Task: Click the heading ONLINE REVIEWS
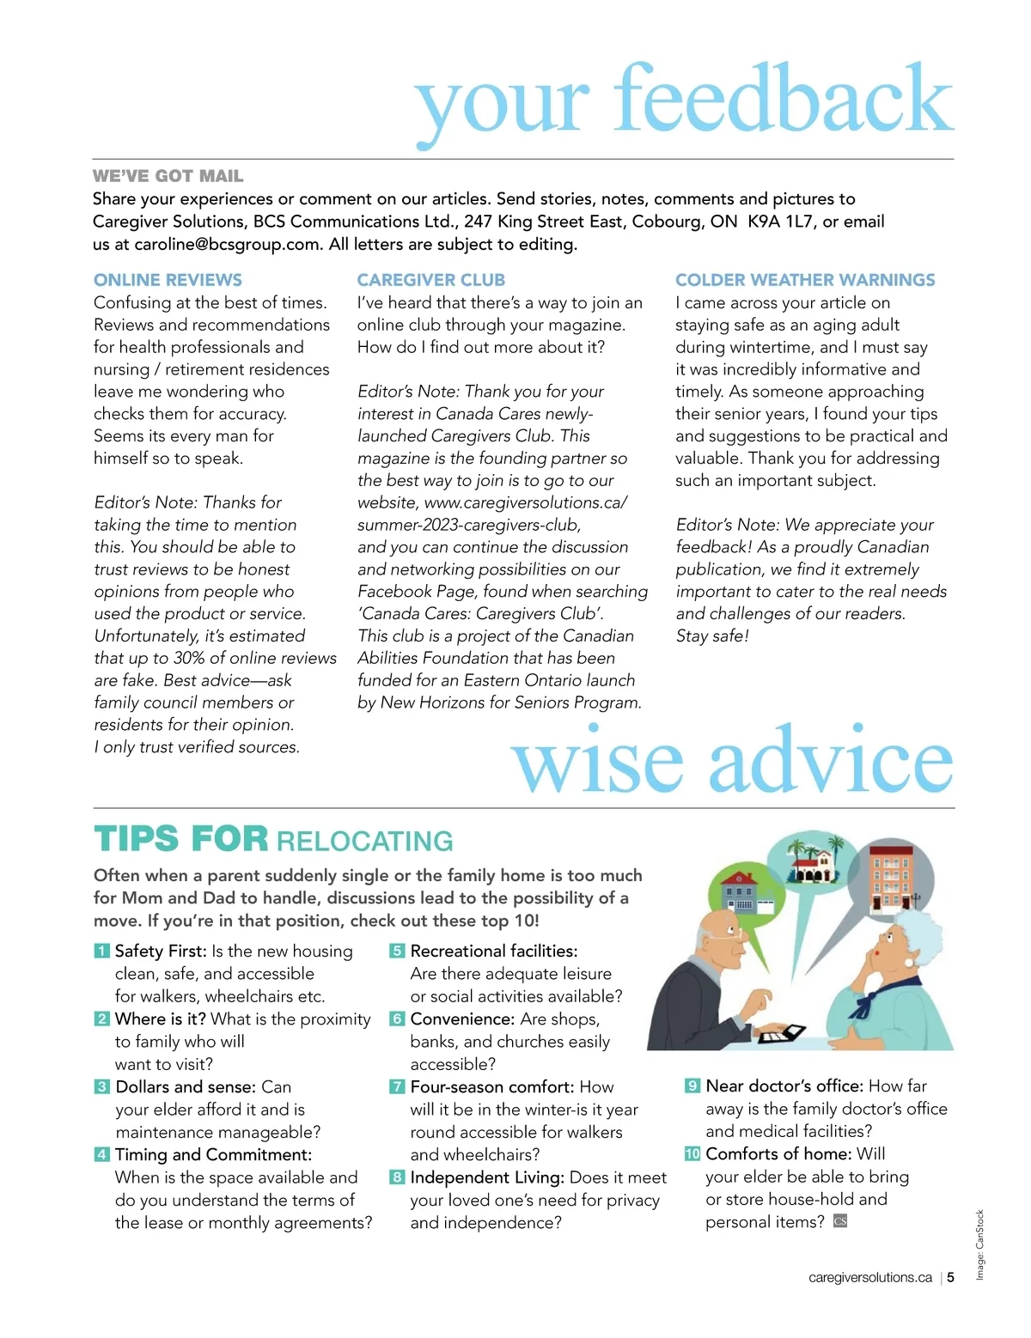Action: (168, 280)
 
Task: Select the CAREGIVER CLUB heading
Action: (430, 280)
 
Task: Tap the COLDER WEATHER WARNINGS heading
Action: (805, 280)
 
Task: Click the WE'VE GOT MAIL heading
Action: (168, 176)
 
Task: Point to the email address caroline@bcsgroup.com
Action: (227, 244)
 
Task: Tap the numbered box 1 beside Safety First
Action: (101, 951)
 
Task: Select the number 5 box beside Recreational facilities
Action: (396, 951)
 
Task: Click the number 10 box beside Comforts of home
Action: (692, 1153)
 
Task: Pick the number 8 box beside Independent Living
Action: (396, 1177)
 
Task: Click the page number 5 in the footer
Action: (951, 1278)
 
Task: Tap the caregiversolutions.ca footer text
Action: (869, 1278)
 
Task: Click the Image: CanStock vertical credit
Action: (979, 1244)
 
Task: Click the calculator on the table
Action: (782, 1033)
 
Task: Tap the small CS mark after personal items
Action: (840, 1221)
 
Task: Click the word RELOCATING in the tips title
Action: (365, 841)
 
